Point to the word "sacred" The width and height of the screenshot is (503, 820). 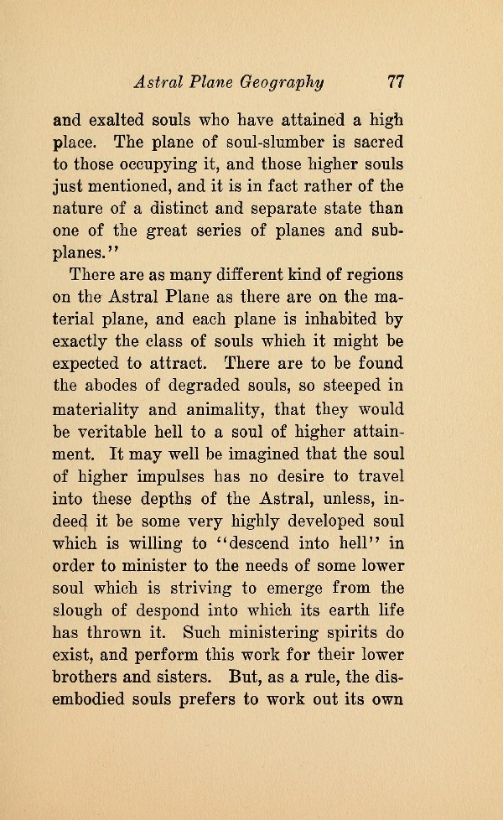376,142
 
